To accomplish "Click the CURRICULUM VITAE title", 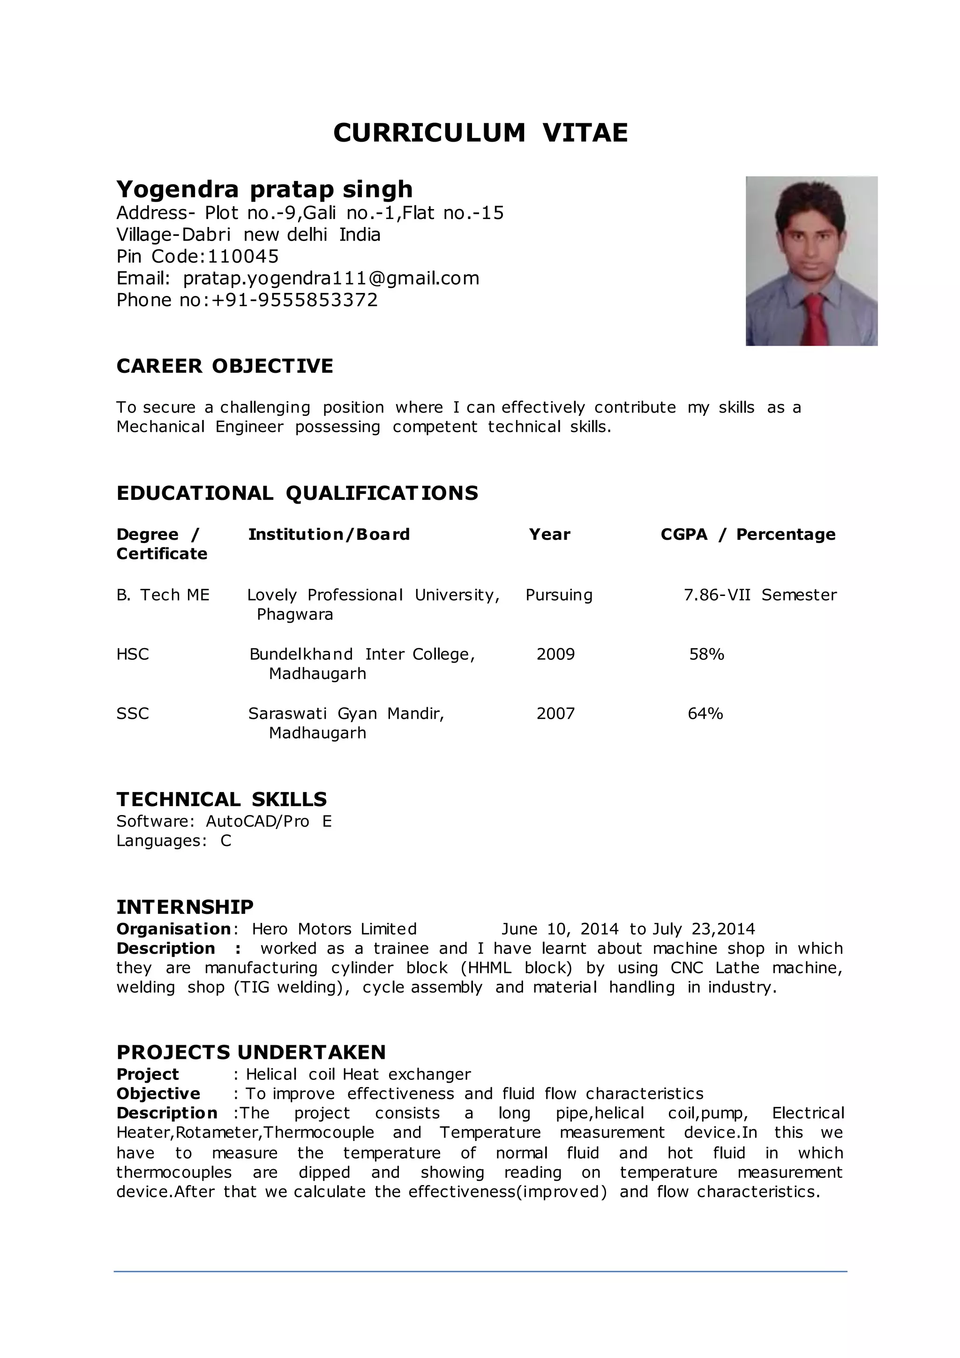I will (480, 133).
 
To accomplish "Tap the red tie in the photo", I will (815, 319).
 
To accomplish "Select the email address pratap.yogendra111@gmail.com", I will (331, 278).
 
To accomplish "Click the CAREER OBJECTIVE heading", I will (225, 366).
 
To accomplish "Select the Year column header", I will (549, 535).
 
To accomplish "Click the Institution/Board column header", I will (329, 535).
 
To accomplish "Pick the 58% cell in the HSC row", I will (706, 654).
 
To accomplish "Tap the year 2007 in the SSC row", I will (555, 713).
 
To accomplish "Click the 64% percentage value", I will (705, 713).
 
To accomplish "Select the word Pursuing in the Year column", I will (559, 595).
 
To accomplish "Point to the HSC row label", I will (133, 654).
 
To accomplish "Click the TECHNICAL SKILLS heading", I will (222, 800).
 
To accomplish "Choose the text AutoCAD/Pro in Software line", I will (257, 822).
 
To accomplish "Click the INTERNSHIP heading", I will (185, 907).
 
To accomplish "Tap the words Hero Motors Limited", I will (334, 929).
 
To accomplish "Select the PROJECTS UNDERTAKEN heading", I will (251, 1053).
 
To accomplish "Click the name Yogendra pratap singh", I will (264, 189).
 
